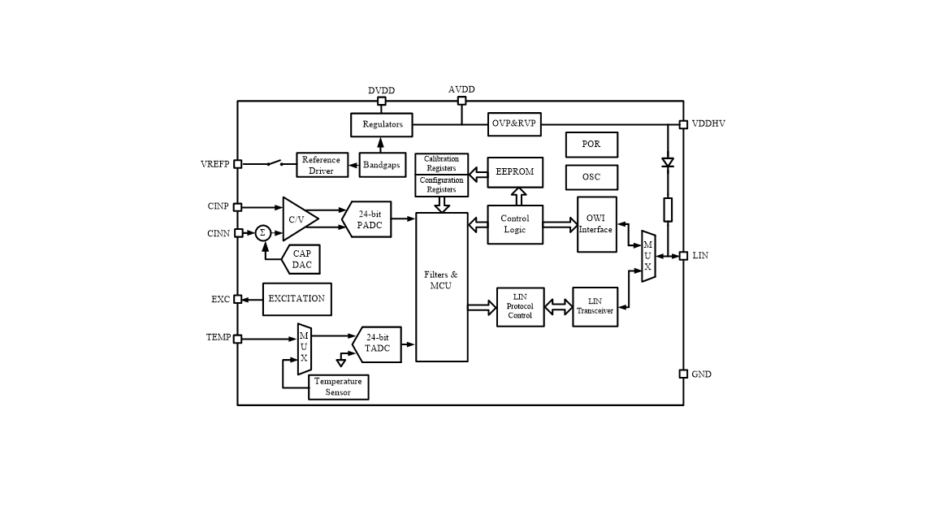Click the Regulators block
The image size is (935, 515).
point(382,124)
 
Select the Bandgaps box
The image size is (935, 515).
point(381,165)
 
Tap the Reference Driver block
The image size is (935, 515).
point(321,165)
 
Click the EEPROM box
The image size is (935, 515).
point(515,172)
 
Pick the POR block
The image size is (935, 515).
point(591,145)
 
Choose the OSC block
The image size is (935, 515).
point(591,177)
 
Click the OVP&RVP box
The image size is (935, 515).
point(515,123)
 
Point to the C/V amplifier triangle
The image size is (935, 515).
point(297,219)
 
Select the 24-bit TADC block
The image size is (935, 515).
point(377,344)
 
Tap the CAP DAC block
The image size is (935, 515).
point(301,259)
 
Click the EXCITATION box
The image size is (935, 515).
point(297,299)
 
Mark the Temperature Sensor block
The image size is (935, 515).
point(339,387)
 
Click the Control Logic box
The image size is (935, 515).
point(515,224)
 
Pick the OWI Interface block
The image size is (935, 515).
point(596,224)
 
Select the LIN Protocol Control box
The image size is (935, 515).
point(520,306)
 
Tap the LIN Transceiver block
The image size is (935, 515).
point(595,306)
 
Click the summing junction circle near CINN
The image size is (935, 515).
point(262,233)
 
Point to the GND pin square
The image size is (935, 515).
point(684,374)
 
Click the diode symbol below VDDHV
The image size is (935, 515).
point(668,162)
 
